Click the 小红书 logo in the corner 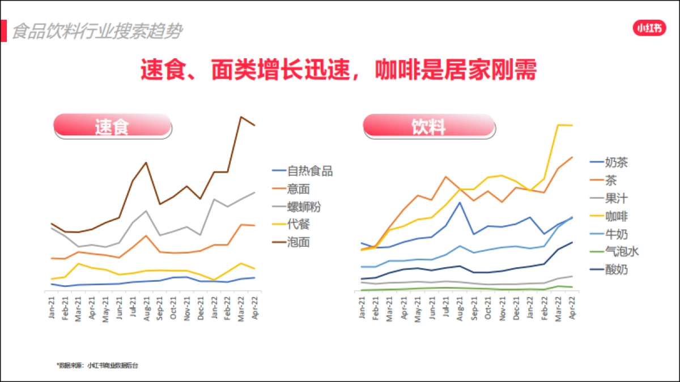pyautogui.click(x=649, y=28)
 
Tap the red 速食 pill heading pyautogui.click(x=112, y=126)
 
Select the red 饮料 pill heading pyautogui.click(x=428, y=126)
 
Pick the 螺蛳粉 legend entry pyautogui.click(x=304, y=207)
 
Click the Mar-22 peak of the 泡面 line pyautogui.click(x=241, y=117)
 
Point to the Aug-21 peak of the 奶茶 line pyautogui.click(x=460, y=202)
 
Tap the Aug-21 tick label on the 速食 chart pyautogui.click(x=147, y=308)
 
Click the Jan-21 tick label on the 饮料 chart pyautogui.click(x=362, y=308)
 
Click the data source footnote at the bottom pyautogui.click(x=97, y=365)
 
